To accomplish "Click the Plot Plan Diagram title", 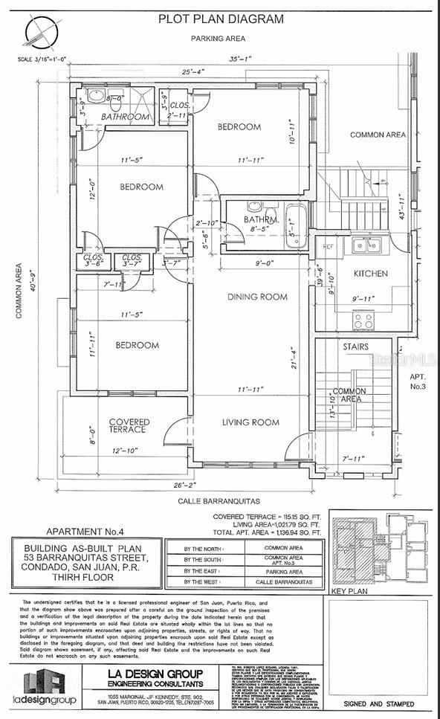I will pyautogui.click(x=220, y=19).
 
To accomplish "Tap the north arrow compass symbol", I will pyautogui.click(x=41, y=33).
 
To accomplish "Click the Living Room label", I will pyautogui.click(x=250, y=422).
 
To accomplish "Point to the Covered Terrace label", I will pyautogui.click(x=129, y=426).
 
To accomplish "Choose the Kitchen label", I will pyautogui.click(x=370, y=274).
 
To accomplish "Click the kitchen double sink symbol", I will pyautogui.click(x=365, y=245).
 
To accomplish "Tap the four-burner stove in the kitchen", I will pyautogui.click(x=363, y=320).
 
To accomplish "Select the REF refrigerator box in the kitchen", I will pyautogui.click(x=328, y=245).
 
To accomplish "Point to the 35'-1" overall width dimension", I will pyautogui.click(x=239, y=59).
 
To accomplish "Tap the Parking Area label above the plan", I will pyautogui.click(x=218, y=38).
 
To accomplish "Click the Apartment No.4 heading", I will pyautogui.click(x=82, y=532).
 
